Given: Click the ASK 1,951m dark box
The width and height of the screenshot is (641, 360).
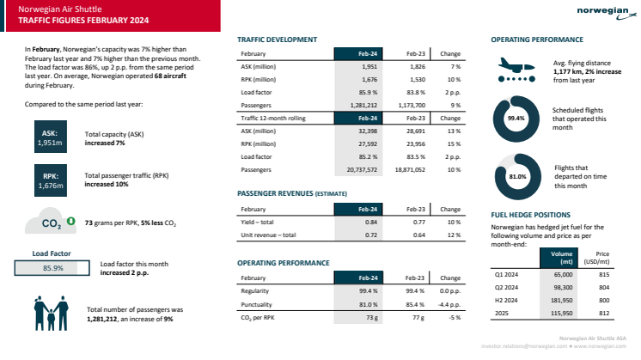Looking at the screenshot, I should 49,139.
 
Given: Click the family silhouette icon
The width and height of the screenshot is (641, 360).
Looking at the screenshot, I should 52,314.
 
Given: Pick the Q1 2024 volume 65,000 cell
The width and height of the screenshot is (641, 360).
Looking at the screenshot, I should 561,275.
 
